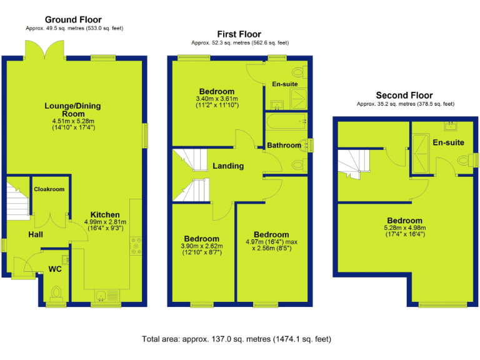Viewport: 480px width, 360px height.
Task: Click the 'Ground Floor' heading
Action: coord(73,20)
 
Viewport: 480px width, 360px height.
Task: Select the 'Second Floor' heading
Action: coord(404,96)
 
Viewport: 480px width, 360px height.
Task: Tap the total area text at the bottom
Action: coord(237,339)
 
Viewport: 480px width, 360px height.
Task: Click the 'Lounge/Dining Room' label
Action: coord(72,110)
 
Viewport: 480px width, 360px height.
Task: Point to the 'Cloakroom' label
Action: coord(49,189)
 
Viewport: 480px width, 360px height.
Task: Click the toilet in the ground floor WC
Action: coord(57,292)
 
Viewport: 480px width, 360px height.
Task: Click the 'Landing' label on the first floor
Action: coord(228,166)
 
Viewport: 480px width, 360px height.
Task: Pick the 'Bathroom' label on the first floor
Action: coord(284,145)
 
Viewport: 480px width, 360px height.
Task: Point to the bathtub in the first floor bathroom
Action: coord(286,121)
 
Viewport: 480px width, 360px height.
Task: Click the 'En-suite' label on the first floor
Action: coord(284,84)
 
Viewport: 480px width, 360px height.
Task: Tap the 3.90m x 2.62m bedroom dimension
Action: coord(202,249)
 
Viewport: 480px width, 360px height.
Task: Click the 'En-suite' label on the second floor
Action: coord(448,142)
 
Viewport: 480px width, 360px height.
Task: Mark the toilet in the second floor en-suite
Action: coord(464,160)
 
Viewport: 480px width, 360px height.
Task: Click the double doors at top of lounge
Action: coord(44,50)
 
